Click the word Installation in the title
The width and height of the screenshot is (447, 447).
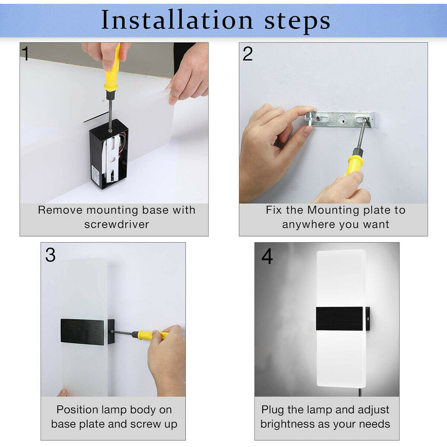[x=177, y=20]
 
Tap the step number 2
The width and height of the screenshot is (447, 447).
[x=247, y=54]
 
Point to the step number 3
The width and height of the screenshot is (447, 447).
[x=50, y=255]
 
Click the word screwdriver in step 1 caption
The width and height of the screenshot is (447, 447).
[x=117, y=224]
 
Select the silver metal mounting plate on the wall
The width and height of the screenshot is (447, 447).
[x=340, y=120]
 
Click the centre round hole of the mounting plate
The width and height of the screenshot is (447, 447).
[x=342, y=119]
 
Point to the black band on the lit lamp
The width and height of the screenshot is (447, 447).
[x=340, y=319]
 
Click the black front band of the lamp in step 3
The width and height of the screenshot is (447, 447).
[x=82, y=332]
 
